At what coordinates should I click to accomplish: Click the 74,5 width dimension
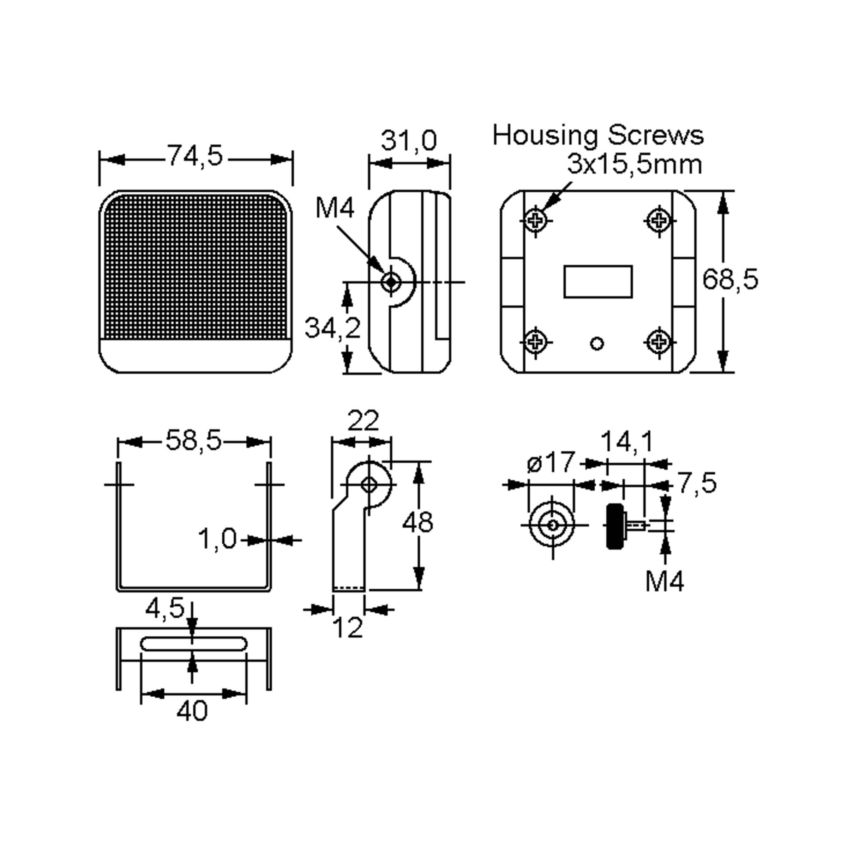pos(196,156)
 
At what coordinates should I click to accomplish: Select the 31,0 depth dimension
pos(409,141)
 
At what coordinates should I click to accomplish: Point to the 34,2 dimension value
pos(332,328)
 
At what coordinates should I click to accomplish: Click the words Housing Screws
pos(598,135)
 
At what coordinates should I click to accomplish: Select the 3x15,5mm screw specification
pos(635,164)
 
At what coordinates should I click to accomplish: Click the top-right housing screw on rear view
pos(659,221)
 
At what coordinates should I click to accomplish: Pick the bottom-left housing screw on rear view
pos(535,342)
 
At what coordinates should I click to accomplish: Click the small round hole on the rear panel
pos(597,343)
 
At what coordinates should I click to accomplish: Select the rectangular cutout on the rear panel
pos(597,282)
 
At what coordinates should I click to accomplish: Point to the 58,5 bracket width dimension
pos(194,440)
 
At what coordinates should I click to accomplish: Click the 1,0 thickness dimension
pos(217,539)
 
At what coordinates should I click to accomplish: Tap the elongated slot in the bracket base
pos(193,644)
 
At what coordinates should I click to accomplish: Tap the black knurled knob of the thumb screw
pos(615,526)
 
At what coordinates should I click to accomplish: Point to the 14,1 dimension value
pos(626,441)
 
